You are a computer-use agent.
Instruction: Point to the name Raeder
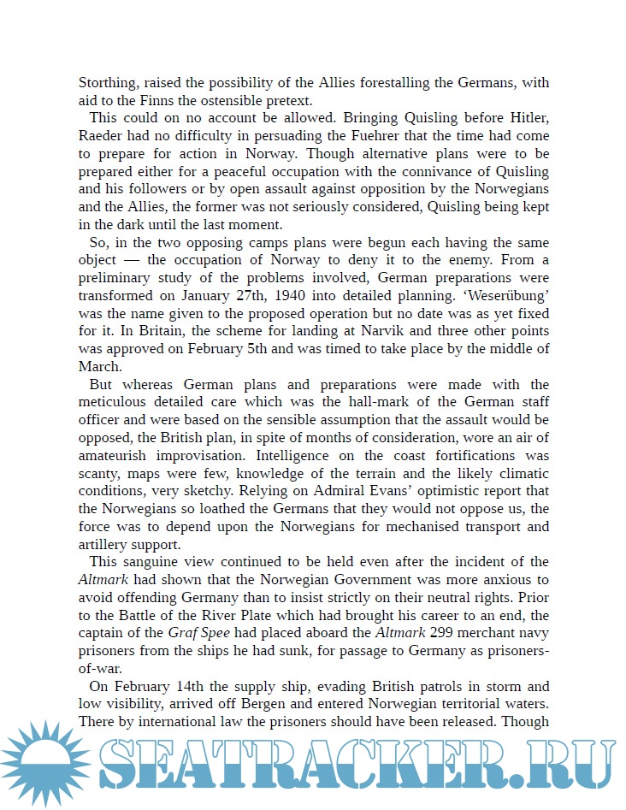(101, 137)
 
